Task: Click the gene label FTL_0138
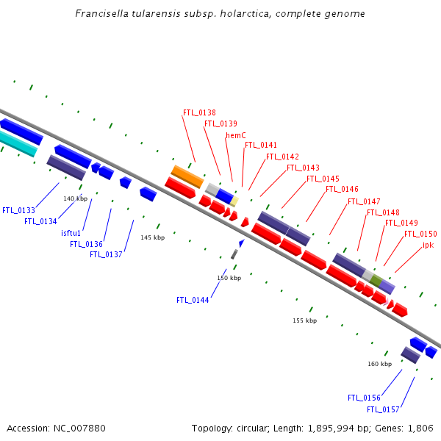199,113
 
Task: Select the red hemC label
235,135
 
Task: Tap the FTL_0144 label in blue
193,300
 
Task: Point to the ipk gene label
428,245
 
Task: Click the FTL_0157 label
384,409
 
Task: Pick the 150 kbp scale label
229,278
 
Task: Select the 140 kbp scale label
75,198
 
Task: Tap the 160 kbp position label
380,364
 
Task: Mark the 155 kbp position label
304,320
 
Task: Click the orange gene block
187,176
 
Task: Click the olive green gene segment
376,280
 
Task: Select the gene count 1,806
421,428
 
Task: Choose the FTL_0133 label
18,210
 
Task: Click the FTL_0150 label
420,234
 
